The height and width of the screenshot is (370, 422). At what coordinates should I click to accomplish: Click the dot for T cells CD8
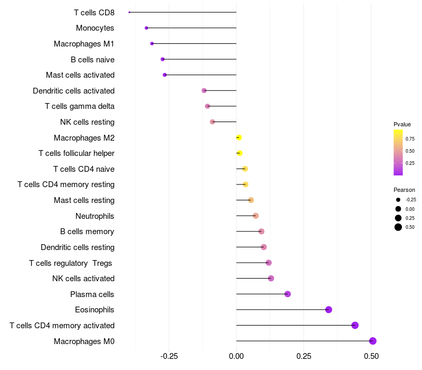pyautogui.click(x=129, y=12)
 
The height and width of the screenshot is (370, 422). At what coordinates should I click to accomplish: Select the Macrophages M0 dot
pyautogui.click(x=372, y=341)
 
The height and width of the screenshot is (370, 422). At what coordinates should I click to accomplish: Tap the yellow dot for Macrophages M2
pyautogui.click(x=239, y=137)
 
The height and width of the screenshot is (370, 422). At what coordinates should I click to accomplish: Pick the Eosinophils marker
pyautogui.click(x=328, y=310)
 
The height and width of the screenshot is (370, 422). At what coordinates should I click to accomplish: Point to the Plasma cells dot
pyautogui.click(x=287, y=294)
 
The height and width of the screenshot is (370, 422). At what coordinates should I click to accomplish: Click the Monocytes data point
pyautogui.click(x=147, y=28)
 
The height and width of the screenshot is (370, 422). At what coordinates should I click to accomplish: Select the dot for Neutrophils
pyautogui.click(x=256, y=216)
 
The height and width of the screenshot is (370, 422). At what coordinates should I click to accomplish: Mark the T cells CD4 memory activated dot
pyautogui.click(x=355, y=325)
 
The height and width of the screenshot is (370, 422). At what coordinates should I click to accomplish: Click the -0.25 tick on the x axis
pyautogui.click(x=169, y=356)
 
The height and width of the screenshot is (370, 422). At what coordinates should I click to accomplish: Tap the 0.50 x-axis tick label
pyautogui.click(x=371, y=356)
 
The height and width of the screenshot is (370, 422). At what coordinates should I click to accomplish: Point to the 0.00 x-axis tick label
pyautogui.click(x=236, y=356)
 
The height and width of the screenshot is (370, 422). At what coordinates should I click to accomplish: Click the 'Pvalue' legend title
pyautogui.click(x=402, y=124)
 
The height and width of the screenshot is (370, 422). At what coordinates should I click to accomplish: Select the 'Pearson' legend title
pyautogui.click(x=404, y=190)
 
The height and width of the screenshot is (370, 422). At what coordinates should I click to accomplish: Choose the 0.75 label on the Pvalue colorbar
pyautogui.click(x=410, y=139)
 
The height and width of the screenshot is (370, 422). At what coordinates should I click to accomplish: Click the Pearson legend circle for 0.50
pyautogui.click(x=398, y=227)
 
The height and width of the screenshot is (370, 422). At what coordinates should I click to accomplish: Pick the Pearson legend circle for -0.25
pyautogui.click(x=398, y=200)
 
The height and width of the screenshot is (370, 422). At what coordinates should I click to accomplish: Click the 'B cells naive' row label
pyautogui.click(x=93, y=60)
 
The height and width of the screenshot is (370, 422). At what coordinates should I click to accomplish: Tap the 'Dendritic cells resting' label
pyautogui.click(x=78, y=247)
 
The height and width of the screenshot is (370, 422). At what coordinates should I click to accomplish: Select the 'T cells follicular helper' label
pyautogui.click(x=76, y=153)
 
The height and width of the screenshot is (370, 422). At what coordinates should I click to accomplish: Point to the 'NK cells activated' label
pyautogui.click(x=83, y=279)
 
